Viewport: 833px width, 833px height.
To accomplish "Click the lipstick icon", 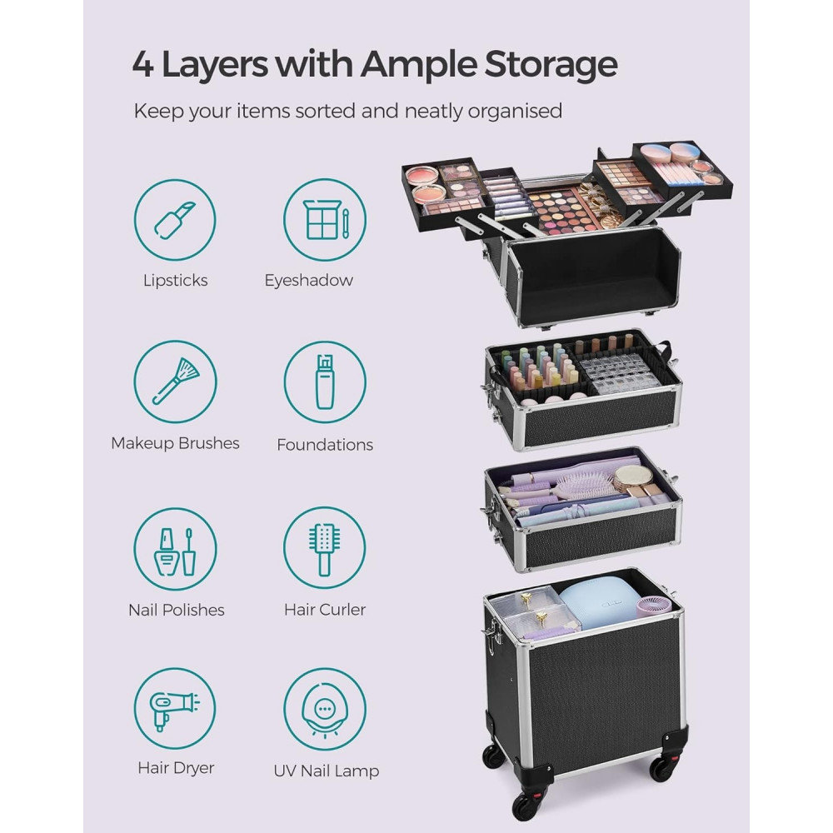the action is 175,220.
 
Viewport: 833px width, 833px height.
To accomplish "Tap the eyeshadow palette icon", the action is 325,220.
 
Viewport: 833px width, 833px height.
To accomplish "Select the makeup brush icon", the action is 175,382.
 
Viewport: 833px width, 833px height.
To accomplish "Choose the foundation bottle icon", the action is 325,382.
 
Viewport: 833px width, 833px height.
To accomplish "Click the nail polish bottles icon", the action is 175,549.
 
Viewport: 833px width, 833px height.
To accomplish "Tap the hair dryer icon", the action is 175,709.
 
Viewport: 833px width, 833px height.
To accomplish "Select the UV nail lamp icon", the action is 325,709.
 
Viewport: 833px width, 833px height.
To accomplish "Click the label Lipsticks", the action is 175,281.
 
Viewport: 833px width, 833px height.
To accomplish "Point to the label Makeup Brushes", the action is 175,443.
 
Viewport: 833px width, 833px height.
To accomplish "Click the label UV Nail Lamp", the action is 327,771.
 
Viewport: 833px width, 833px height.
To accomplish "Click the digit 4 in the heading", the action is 143,65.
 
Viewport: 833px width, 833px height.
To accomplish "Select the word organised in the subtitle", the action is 515,112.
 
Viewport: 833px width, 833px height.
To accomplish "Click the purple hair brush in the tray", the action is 582,486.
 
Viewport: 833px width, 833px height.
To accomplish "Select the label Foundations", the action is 325,445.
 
